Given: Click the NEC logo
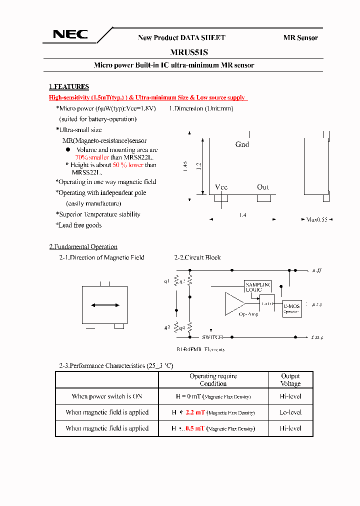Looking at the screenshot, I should pyautogui.click(x=70, y=34).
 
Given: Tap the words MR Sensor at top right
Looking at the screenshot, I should pyautogui.click(x=300, y=37).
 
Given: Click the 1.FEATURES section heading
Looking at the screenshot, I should pyautogui.click(x=69, y=86).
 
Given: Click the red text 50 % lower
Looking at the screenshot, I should pyautogui.click(x=127, y=164).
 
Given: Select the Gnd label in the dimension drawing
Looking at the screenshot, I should pyautogui.click(x=242, y=144).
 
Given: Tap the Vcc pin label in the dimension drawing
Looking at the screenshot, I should pyautogui.click(x=221, y=187).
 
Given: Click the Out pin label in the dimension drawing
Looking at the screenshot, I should pyautogui.click(x=263, y=187).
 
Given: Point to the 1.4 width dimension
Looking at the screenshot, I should pyautogui.click(x=242, y=214).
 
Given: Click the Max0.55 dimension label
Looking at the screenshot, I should pyautogui.click(x=317, y=219).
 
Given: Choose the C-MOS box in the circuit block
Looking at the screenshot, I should pyautogui.click(x=291, y=308).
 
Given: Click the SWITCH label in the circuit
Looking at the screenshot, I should pyautogui.click(x=212, y=337).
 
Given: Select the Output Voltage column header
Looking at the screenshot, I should pyautogui.click(x=290, y=380).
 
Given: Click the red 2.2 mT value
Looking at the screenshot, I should pyautogui.click(x=195, y=412).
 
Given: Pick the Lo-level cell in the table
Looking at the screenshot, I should pyautogui.click(x=290, y=412).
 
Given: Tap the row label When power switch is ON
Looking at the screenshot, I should pyautogui.click(x=107, y=396).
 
